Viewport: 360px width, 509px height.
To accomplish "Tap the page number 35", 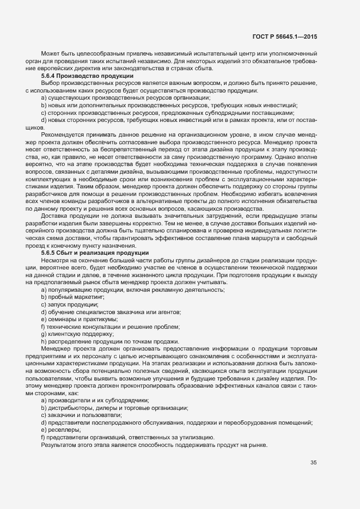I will pos(314,463).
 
